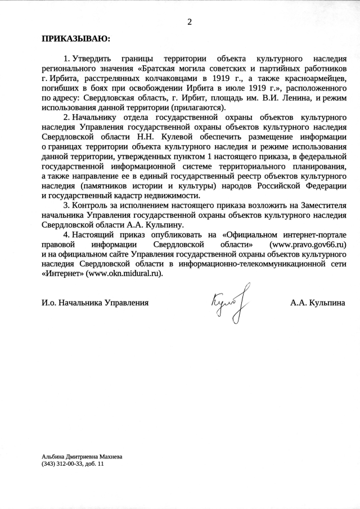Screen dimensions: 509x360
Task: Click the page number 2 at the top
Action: [x=189, y=22]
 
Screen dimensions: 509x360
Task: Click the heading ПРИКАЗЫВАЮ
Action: [x=76, y=39]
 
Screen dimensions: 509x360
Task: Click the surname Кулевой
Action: [x=188, y=137]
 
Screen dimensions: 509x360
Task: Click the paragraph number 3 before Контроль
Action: [x=66, y=205]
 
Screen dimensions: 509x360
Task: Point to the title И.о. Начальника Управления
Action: [x=95, y=303]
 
